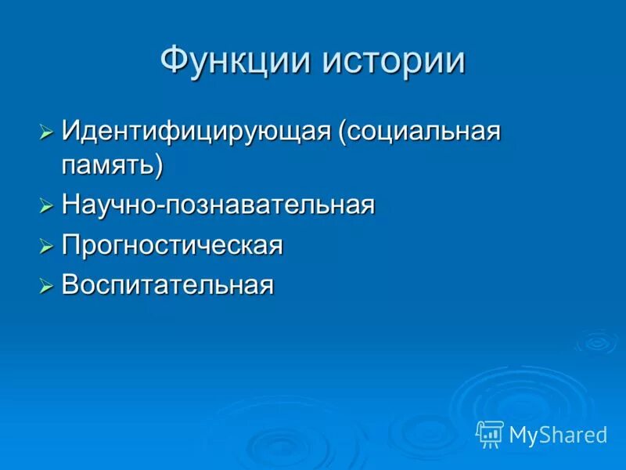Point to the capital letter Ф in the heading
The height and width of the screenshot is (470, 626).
click(174, 61)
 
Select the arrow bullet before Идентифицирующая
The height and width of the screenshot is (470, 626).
click(46, 132)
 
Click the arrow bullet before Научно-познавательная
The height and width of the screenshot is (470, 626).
click(46, 207)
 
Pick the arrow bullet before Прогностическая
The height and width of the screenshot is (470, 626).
click(46, 247)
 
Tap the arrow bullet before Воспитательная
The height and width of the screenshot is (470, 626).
click(46, 287)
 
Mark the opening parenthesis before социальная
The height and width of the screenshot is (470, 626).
click(342, 132)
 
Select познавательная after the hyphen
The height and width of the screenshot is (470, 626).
click(268, 206)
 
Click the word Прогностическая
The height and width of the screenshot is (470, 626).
click(172, 246)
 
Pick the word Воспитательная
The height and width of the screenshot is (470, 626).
click(167, 286)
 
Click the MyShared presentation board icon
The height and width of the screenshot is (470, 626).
click(490, 433)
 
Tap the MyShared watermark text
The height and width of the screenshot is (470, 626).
click(558, 435)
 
